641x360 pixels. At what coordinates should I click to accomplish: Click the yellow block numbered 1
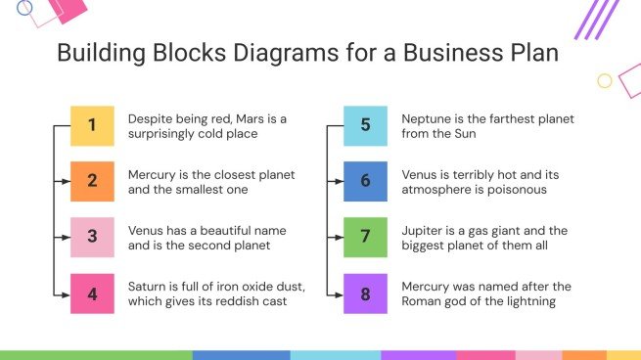(x=92, y=125)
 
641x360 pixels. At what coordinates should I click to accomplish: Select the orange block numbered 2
(x=92, y=181)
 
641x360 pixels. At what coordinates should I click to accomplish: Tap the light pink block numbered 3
(x=92, y=237)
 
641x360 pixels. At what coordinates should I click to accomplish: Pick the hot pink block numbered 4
(x=92, y=292)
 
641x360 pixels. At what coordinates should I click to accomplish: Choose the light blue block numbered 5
(x=365, y=125)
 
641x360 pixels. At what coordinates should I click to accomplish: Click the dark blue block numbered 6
(x=365, y=181)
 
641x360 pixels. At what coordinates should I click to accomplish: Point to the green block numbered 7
(x=365, y=237)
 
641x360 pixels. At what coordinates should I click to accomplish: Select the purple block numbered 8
(x=365, y=292)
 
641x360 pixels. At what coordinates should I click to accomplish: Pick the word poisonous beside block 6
(x=507, y=189)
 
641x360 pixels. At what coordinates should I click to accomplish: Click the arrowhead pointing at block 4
(x=67, y=292)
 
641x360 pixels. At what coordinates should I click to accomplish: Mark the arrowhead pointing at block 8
(x=340, y=292)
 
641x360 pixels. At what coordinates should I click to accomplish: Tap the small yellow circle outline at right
(x=605, y=81)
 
